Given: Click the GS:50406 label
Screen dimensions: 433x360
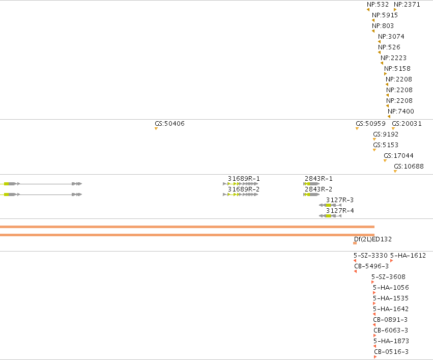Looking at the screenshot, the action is pyautogui.click(x=169, y=124).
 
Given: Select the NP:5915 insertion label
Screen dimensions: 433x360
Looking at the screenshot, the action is pyautogui.click(x=385, y=15).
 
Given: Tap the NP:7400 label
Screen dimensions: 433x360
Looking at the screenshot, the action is pyautogui.click(x=401, y=112).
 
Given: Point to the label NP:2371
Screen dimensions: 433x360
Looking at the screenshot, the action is pyautogui.click(x=407, y=5).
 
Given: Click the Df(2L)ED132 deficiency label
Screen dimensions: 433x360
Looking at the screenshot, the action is pyautogui.click(x=373, y=239).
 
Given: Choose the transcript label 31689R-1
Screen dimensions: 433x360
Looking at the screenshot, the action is pyautogui.click(x=244, y=179).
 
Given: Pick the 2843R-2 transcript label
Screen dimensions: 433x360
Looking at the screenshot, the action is pyautogui.click(x=319, y=189).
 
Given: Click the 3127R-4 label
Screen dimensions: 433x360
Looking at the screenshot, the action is pyautogui.click(x=340, y=210).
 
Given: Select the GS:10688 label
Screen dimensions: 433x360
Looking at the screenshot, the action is pyautogui.click(x=409, y=167).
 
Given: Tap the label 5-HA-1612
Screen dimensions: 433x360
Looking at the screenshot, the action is pyautogui.click(x=408, y=256).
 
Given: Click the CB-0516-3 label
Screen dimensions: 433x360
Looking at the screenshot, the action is pyautogui.click(x=391, y=352).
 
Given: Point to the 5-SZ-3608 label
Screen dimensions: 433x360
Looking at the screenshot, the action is pyautogui.click(x=388, y=277).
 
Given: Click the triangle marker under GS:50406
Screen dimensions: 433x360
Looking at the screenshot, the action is pyautogui.click(x=156, y=128).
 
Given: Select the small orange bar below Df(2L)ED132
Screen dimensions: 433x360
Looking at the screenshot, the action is pyautogui.click(x=355, y=243).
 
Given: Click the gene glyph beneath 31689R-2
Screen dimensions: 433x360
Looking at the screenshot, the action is pyautogui.click(x=240, y=195).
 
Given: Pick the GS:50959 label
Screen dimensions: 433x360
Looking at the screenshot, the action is pyautogui.click(x=370, y=124).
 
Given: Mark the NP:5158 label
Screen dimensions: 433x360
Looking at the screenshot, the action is pyautogui.click(x=397, y=69).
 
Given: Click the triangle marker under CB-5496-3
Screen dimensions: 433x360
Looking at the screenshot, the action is pyautogui.click(x=355, y=271).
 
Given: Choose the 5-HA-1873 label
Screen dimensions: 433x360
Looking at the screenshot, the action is pyautogui.click(x=391, y=341).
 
